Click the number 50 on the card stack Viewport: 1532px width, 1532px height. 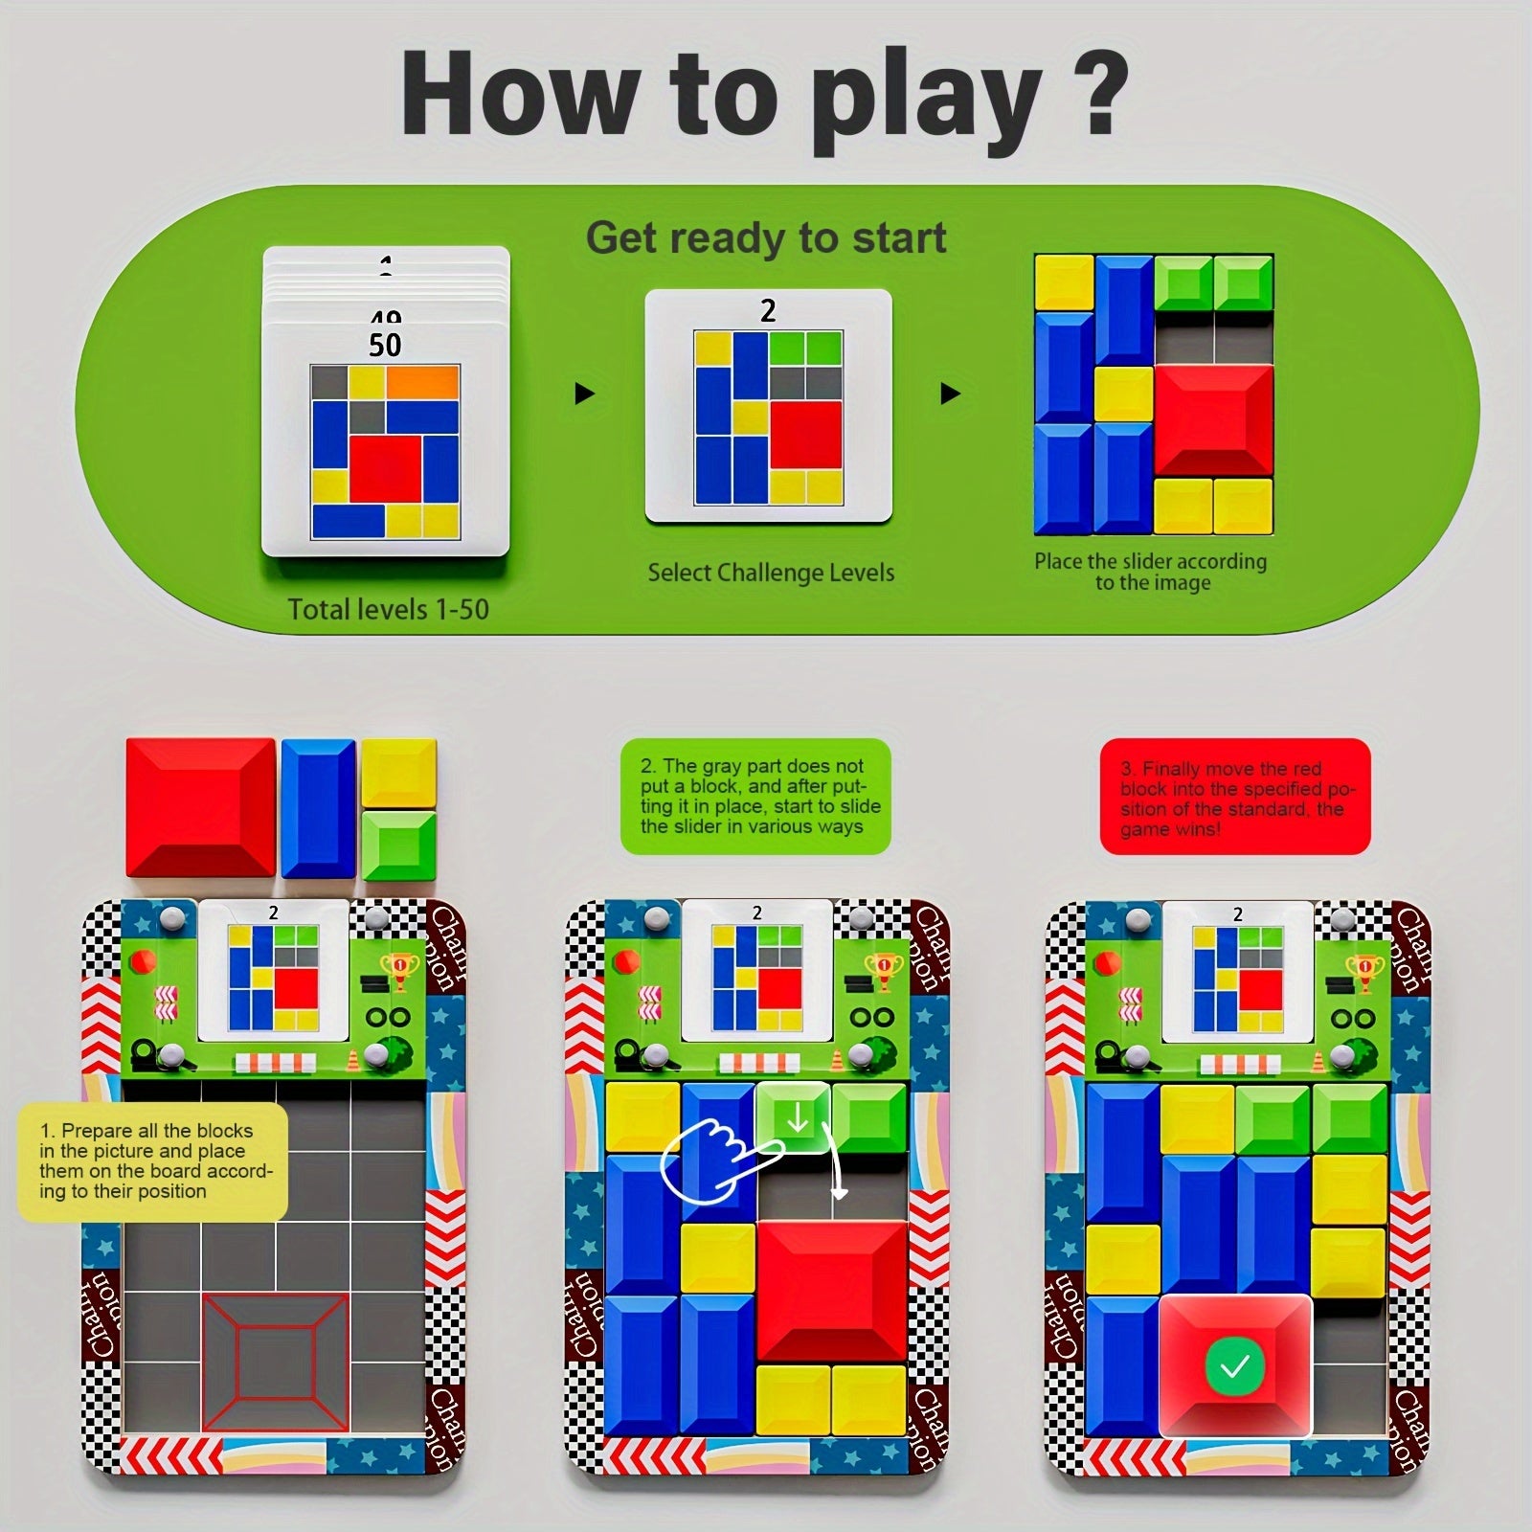(x=385, y=345)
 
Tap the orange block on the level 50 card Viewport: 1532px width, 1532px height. (x=422, y=382)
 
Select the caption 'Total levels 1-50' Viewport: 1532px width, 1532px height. (x=388, y=610)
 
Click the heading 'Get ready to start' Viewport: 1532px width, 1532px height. (x=766, y=237)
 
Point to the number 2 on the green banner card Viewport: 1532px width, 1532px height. (x=768, y=310)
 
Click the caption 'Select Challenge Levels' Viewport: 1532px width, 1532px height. (x=771, y=573)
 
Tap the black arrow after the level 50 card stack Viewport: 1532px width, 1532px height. (x=584, y=394)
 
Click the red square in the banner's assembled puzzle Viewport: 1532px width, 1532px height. (x=1213, y=420)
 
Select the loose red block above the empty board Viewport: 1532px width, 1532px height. (x=201, y=806)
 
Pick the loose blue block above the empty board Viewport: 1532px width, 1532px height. (x=319, y=807)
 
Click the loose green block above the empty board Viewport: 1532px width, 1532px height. (x=398, y=845)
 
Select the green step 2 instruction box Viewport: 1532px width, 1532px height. (x=755, y=796)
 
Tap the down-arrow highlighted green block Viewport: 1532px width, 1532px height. (x=795, y=1116)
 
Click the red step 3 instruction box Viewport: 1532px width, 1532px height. (x=1235, y=797)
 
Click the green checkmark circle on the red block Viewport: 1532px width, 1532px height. (x=1234, y=1366)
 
